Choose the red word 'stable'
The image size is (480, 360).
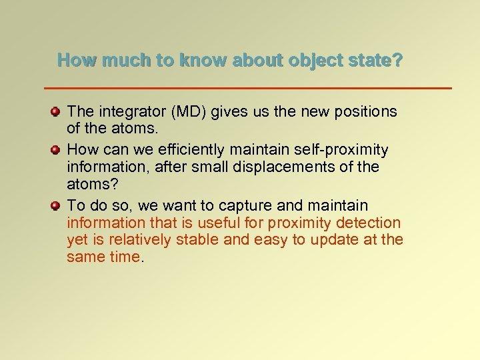coord(199,240)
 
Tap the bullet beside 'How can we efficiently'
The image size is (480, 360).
coord(57,149)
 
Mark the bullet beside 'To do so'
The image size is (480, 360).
coord(57,205)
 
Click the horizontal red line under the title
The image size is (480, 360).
coord(247,88)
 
